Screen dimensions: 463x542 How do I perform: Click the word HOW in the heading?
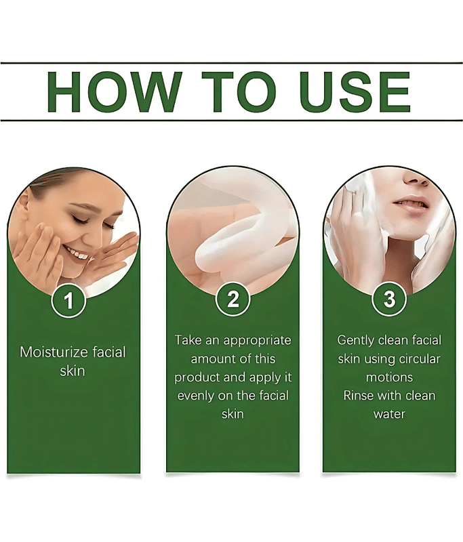click(114, 92)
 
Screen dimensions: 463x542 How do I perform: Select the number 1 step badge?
click(68, 300)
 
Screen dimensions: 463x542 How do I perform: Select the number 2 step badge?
click(233, 299)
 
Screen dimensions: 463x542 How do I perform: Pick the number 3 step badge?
click(389, 299)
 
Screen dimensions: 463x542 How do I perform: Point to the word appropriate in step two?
click(258, 341)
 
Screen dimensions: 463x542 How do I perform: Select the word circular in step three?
click(420, 359)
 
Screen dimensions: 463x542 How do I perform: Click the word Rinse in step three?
click(358, 396)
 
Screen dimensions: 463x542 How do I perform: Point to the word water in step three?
click(389, 414)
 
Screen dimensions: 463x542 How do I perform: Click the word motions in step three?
click(389, 377)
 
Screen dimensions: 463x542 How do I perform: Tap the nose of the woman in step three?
click(416, 177)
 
